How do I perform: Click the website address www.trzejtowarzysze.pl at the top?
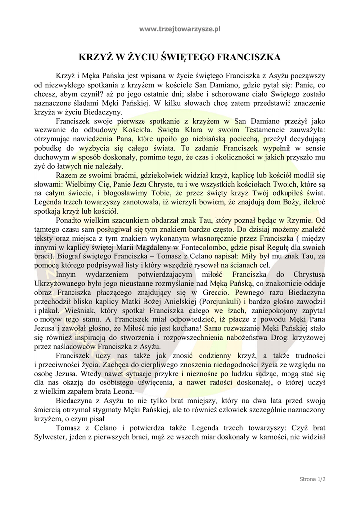pyautogui.click(x=180, y=29)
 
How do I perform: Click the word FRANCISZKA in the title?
pyautogui.click(x=245, y=58)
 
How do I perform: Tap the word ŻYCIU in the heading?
pyautogui.click(x=148, y=58)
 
